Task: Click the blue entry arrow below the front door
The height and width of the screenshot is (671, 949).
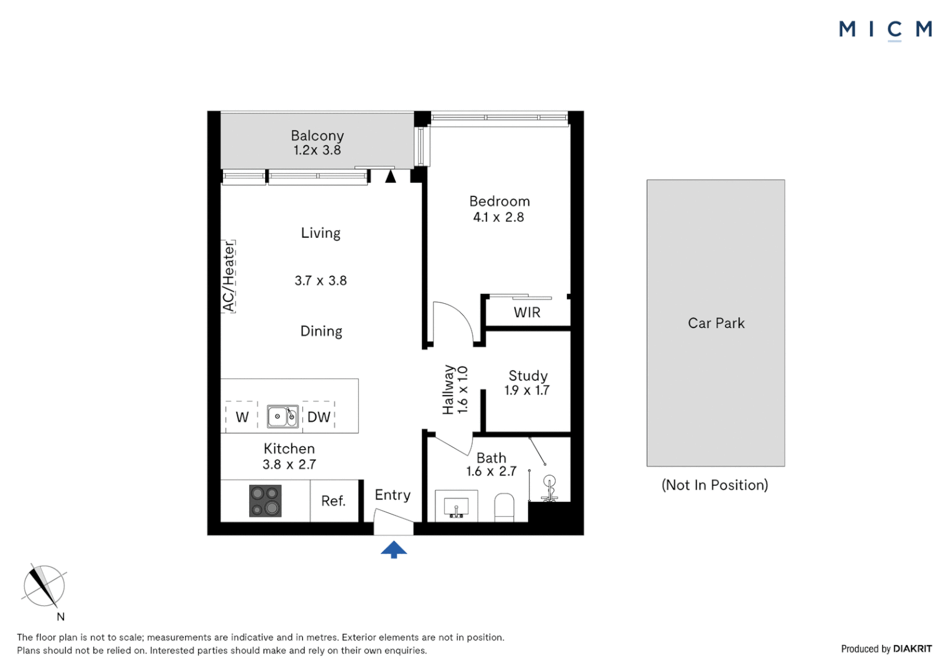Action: pyautogui.click(x=394, y=549)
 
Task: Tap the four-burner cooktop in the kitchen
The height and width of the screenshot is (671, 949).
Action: pyautogui.click(x=265, y=501)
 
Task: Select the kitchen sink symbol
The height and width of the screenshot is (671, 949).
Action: pyautogui.click(x=283, y=416)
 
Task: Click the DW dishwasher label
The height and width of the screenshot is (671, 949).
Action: pyautogui.click(x=319, y=417)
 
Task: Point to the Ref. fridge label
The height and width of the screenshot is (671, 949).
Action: pyautogui.click(x=334, y=501)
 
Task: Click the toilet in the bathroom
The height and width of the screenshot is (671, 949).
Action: pyautogui.click(x=504, y=507)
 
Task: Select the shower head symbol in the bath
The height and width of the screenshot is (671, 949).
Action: pyautogui.click(x=550, y=488)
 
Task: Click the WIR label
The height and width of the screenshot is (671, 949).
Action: pyautogui.click(x=527, y=313)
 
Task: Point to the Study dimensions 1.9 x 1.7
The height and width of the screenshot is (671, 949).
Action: pyautogui.click(x=527, y=390)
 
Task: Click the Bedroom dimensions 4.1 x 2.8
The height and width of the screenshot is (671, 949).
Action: pyautogui.click(x=499, y=217)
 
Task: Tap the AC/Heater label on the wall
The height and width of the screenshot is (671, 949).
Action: pyautogui.click(x=229, y=276)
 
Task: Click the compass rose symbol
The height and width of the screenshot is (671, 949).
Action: pyautogui.click(x=43, y=587)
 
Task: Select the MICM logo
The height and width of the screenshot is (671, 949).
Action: pyautogui.click(x=886, y=30)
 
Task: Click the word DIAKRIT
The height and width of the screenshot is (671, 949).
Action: pyautogui.click(x=912, y=649)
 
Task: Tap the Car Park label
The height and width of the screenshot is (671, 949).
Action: pyautogui.click(x=716, y=324)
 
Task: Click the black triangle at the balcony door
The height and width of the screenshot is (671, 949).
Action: pyautogui.click(x=391, y=176)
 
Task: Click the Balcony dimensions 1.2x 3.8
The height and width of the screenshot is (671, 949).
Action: pyautogui.click(x=317, y=150)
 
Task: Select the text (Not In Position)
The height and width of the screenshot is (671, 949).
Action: pyautogui.click(x=715, y=485)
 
